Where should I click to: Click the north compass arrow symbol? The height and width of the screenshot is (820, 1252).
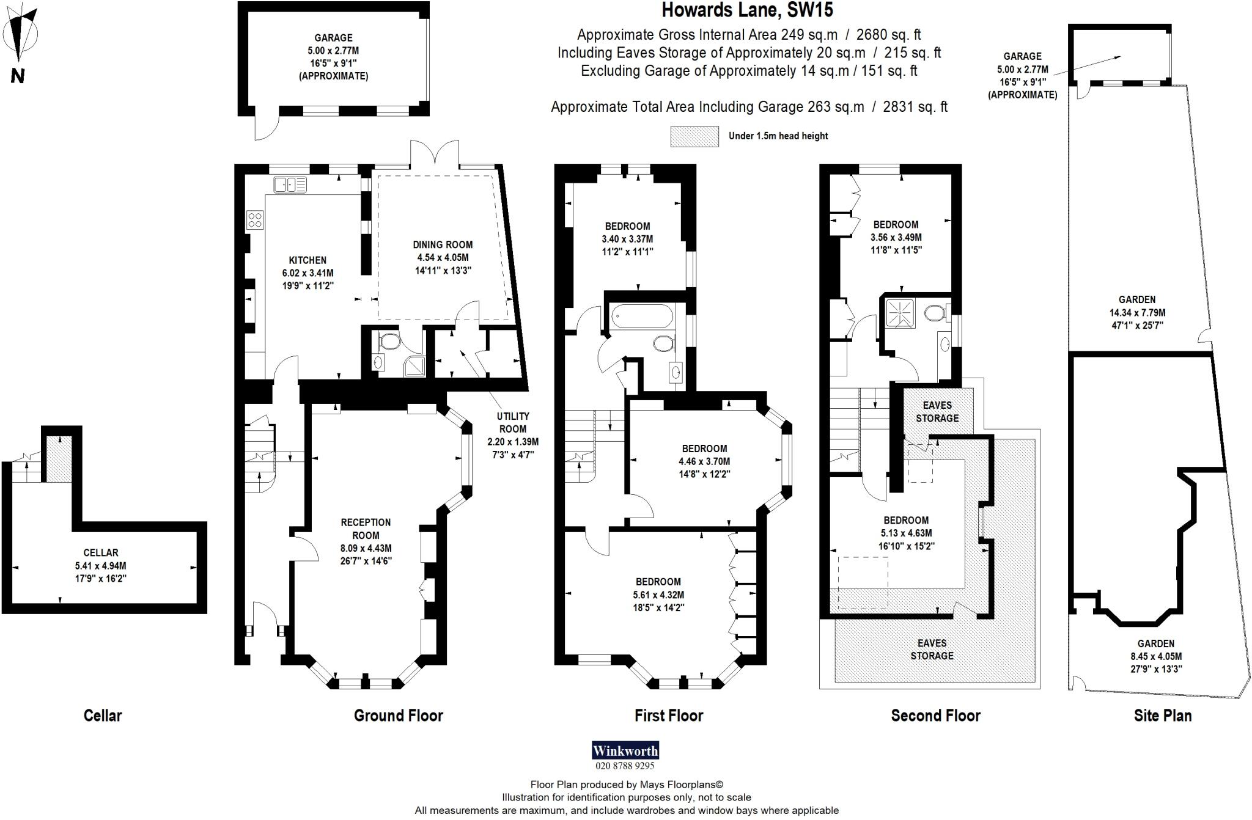[x=23, y=37]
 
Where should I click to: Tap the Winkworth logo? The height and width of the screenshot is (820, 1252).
[x=625, y=750]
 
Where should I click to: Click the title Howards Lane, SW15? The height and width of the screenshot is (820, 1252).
[x=748, y=10]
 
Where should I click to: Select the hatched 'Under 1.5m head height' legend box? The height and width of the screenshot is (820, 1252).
[x=694, y=136]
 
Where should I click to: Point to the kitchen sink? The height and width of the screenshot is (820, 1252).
[x=290, y=185]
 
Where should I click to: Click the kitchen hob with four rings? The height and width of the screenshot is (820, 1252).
[x=255, y=220]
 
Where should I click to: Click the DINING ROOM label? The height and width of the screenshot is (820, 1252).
[x=443, y=244]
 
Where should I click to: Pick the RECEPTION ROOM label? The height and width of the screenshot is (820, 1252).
[x=366, y=529]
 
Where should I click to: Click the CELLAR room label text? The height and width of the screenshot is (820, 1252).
[x=101, y=552]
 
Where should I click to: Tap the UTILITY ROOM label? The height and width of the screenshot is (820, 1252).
[x=513, y=422]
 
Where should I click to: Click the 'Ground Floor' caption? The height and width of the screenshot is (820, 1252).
[x=398, y=716]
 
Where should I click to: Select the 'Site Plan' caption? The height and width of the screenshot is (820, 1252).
[x=1162, y=716]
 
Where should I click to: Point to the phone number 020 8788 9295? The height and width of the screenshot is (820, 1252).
[x=625, y=766]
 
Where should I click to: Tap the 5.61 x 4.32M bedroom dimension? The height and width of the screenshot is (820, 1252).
[x=658, y=595]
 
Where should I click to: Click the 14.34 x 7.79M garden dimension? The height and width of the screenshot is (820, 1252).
[x=1137, y=313]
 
